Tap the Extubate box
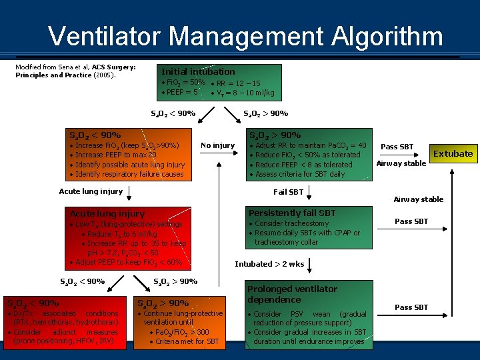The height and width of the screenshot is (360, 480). (x=453, y=153)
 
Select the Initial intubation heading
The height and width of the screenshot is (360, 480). (x=198, y=71)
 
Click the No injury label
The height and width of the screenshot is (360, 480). (x=217, y=145)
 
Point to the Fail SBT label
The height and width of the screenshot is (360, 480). (x=288, y=192)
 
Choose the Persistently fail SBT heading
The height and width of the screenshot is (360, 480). (x=292, y=213)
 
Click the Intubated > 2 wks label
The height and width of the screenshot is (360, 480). (x=269, y=264)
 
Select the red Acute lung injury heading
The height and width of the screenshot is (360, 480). (x=107, y=213)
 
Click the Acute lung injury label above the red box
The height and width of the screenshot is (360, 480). (x=91, y=191)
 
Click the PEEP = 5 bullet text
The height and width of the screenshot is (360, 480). (x=181, y=92)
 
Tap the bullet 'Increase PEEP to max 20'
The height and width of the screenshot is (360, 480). (x=116, y=155)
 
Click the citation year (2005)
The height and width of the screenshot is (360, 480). (x=103, y=75)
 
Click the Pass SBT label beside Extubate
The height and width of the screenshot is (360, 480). (x=397, y=147)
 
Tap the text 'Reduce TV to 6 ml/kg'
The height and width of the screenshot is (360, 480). (x=122, y=234)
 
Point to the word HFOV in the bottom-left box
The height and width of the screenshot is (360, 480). (x=79, y=341)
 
